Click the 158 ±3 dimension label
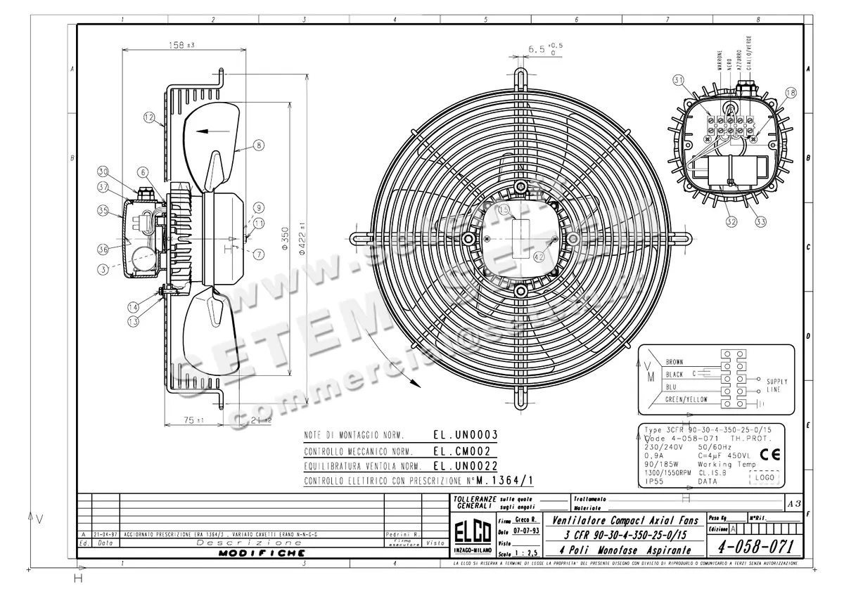(x=181, y=45)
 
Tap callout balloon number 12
(x=149, y=118)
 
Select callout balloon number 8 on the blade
(x=258, y=145)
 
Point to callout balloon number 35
(x=103, y=210)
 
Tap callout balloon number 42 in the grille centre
(x=539, y=256)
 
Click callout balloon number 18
(x=791, y=92)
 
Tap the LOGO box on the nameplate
(x=765, y=477)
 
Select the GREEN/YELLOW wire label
(x=686, y=399)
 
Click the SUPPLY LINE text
(x=776, y=386)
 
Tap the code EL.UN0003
(x=465, y=434)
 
